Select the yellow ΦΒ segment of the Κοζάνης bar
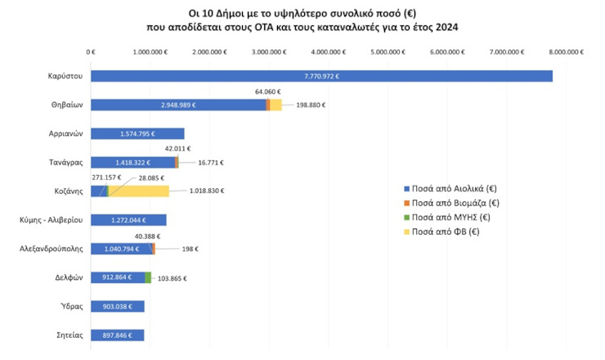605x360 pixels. pyautogui.click(x=139, y=191)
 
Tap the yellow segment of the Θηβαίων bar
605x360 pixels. pyautogui.click(x=276, y=105)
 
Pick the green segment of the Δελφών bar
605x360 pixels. pyautogui.click(x=148, y=277)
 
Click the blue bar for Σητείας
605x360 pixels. pyautogui.click(x=117, y=335)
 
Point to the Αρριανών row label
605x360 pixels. pyautogui.click(x=65, y=133)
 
